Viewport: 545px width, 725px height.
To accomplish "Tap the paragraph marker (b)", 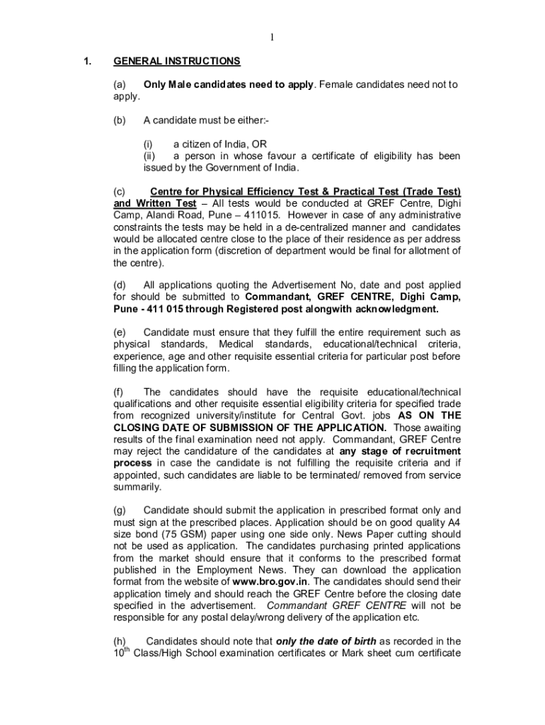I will [120, 120].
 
